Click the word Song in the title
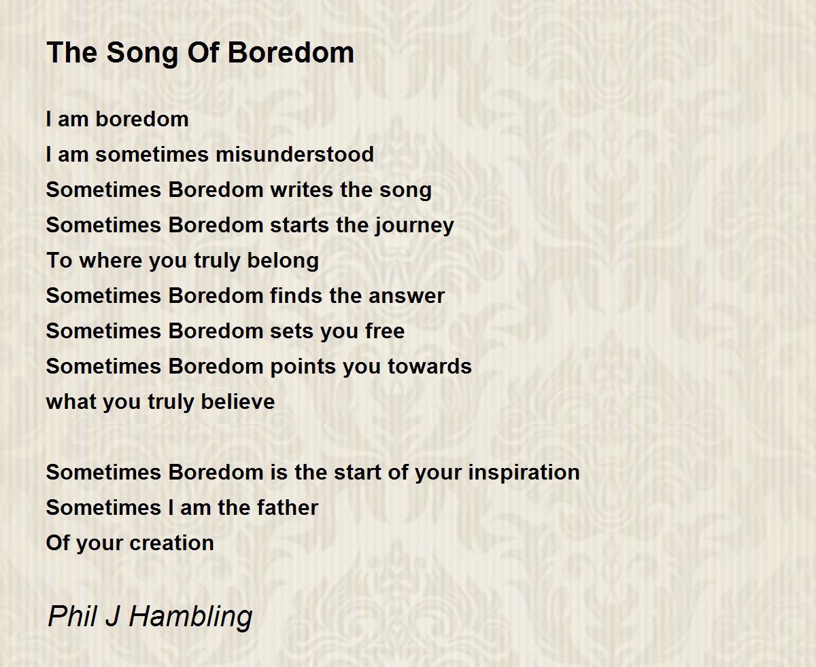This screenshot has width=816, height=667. pos(143,54)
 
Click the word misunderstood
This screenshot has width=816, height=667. pos(295,154)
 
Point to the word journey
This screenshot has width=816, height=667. pos(414,226)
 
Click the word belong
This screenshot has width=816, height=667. pos(283,262)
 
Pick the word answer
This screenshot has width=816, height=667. pos(407,297)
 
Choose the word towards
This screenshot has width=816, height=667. pos(430,366)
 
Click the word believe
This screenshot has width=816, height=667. pos(238,401)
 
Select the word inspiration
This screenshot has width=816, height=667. pos(524,473)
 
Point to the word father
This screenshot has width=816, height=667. pos(288,507)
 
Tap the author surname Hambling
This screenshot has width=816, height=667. pos(190,616)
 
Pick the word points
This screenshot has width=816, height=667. pos(303,367)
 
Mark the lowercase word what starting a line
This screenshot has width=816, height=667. pos(71,401)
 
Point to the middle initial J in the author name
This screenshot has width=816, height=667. pos(112,615)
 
